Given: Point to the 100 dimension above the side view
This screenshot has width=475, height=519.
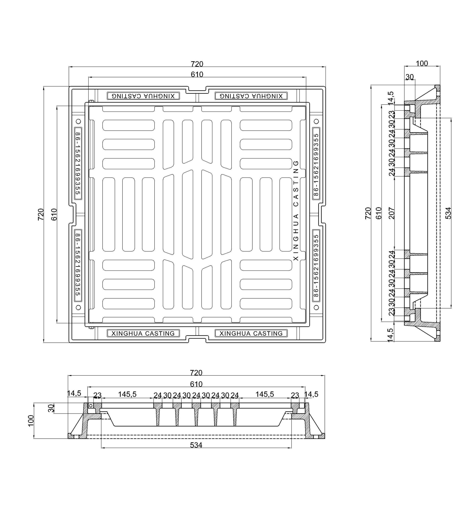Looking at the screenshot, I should click(x=422, y=63).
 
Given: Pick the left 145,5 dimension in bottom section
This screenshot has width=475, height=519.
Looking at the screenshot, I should click(x=127, y=394).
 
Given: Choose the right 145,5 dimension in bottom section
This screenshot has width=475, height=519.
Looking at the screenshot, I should click(x=265, y=394).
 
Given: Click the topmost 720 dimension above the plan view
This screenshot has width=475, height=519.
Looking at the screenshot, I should click(x=197, y=64).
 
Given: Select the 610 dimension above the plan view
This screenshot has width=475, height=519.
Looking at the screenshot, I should click(x=197, y=74).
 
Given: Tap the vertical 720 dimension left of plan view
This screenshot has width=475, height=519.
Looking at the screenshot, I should click(x=41, y=214).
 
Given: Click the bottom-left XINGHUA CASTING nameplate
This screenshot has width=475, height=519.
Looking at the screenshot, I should click(x=143, y=333).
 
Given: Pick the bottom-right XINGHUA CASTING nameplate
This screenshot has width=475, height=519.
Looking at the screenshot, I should click(x=251, y=333).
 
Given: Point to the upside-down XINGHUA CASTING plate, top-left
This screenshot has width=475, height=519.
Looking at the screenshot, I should click(x=143, y=96).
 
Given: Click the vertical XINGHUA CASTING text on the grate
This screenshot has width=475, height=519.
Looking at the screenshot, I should click(x=296, y=211).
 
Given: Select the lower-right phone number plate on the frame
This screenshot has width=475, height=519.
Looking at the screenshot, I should click(x=316, y=265).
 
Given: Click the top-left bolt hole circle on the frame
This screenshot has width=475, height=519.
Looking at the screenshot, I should click(x=79, y=121).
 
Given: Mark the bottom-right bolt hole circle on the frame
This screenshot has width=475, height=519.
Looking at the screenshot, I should click(x=317, y=307).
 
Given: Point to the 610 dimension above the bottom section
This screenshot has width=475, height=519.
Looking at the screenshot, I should click(x=196, y=384).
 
